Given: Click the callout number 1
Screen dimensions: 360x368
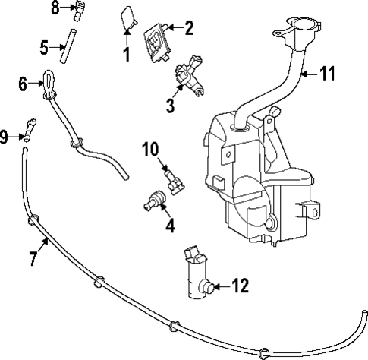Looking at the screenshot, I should coord(127,54).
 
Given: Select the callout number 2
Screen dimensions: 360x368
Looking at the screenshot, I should coord(188,29).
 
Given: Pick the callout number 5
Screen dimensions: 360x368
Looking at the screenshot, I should coord(44,46).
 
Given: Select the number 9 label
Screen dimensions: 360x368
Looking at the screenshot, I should coord(5,137).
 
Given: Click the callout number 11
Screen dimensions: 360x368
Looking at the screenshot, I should coord(327,74).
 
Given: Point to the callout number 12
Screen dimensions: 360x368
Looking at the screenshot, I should coord(240,286).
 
